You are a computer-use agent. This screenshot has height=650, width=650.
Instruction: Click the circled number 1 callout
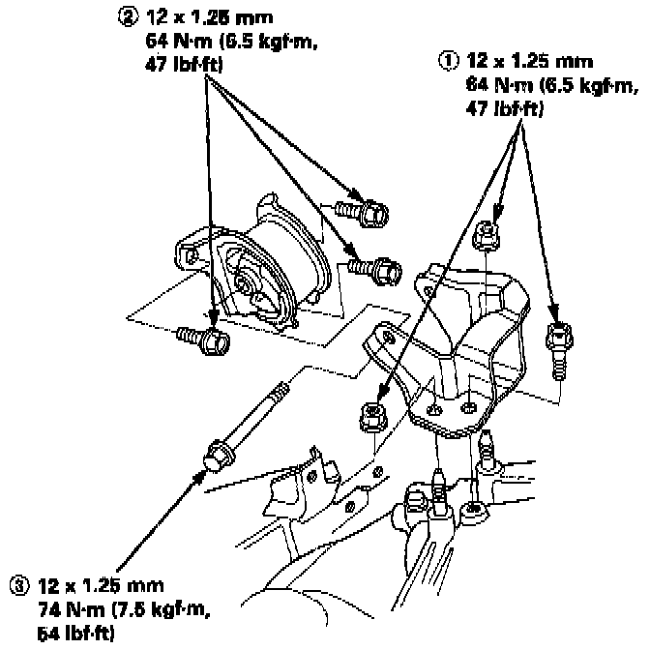447,59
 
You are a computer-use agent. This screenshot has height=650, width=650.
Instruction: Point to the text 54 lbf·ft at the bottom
76,633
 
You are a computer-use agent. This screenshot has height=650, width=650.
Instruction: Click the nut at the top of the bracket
489,233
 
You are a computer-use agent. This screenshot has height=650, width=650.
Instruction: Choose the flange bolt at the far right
557,345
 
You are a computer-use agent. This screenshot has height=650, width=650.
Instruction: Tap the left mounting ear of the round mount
187,252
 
